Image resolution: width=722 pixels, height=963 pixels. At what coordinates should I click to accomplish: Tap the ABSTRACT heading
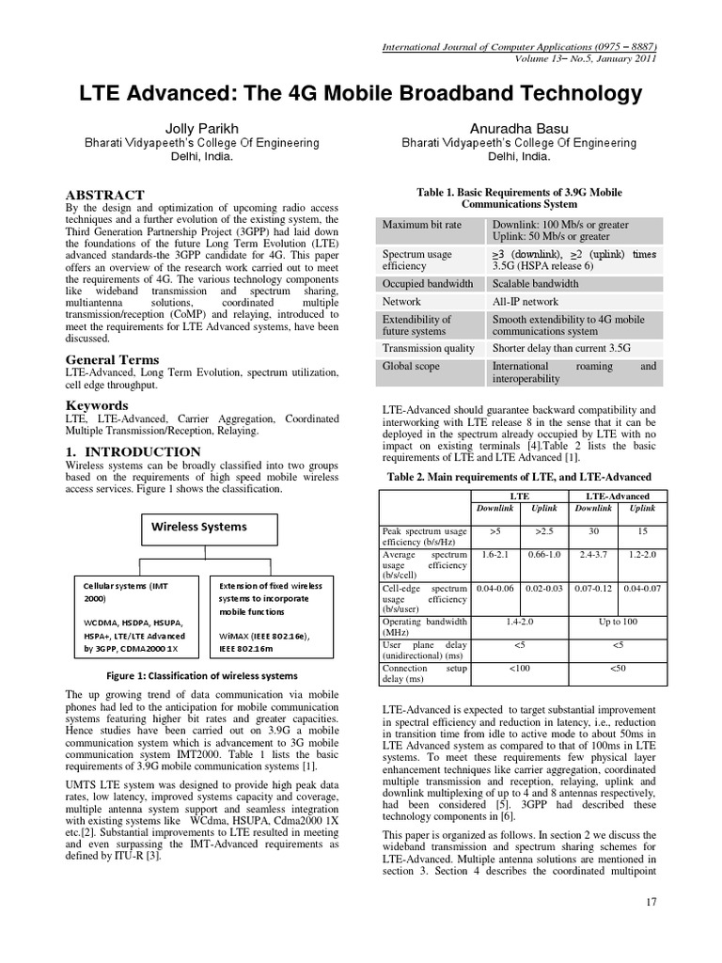pos(104,195)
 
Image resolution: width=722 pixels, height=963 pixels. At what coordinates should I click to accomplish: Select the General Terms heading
pos(112,359)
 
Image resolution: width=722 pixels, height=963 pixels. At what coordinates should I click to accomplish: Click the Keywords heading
pos(96,405)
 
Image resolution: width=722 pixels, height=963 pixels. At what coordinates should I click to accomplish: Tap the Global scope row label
pos(410,366)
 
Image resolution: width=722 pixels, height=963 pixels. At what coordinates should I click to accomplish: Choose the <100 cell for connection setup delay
pos(519,668)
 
